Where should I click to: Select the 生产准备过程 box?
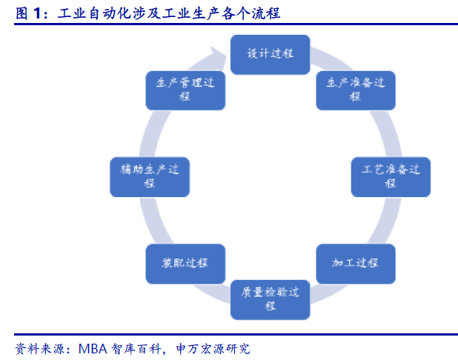356,90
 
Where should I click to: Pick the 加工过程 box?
356,263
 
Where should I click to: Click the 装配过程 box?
185,263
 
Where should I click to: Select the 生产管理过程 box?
185,90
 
